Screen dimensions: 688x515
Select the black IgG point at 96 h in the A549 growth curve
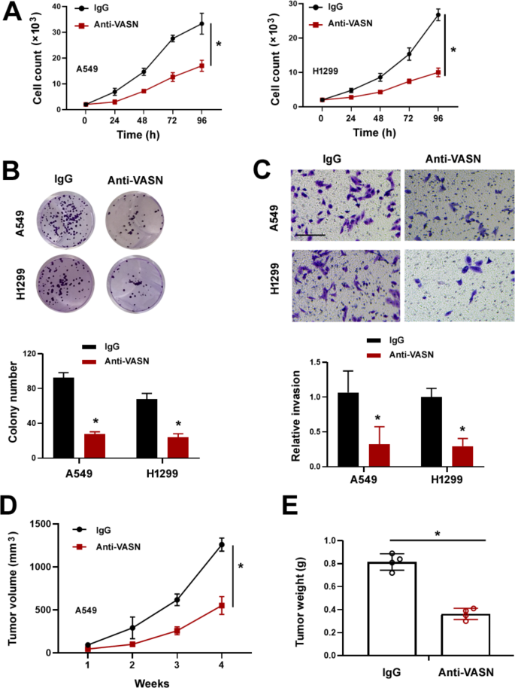201,24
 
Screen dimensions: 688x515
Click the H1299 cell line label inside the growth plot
325,71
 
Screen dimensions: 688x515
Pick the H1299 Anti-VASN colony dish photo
136,279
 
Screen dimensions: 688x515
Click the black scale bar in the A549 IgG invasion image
305,235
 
